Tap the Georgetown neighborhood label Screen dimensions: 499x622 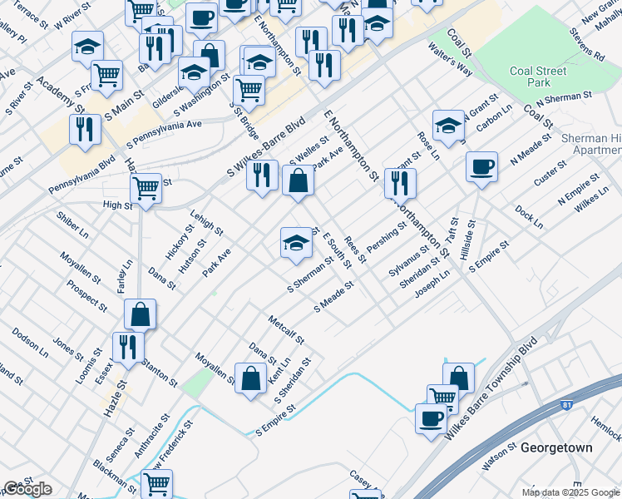pos(556,447)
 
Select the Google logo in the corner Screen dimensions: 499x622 pos(27,489)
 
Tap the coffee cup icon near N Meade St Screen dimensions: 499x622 pos(481,166)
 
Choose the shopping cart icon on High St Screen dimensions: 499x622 pos(146,188)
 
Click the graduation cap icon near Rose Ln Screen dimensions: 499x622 pos(448,126)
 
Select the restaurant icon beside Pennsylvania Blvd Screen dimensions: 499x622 pos(85,130)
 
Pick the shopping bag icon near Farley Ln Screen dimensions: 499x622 pos(141,314)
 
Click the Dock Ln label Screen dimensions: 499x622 pos(528,218)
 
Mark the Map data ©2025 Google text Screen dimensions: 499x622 pos(570,492)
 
